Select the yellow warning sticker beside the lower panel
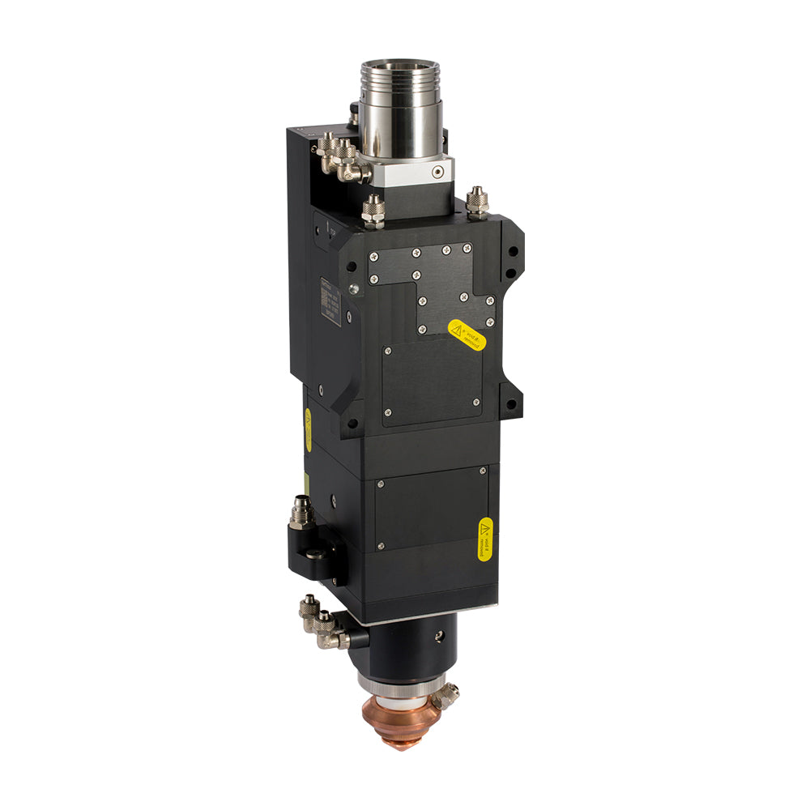click(x=484, y=537)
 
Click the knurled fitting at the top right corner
click(x=477, y=203)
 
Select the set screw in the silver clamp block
click(x=438, y=172)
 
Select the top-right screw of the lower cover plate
click(x=483, y=471)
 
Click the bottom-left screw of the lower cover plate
click(x=381, y=545)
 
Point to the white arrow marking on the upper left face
click(x=330, y=228)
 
